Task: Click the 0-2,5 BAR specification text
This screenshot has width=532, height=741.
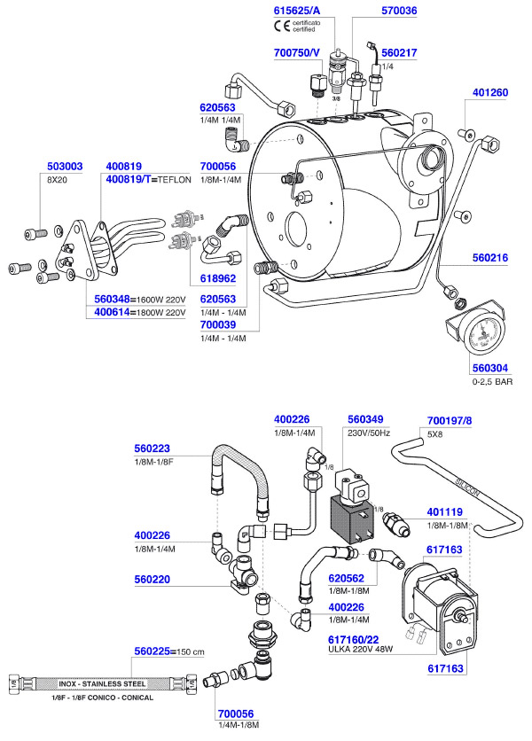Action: point(492,381)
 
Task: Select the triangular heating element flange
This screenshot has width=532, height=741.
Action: point(81,251)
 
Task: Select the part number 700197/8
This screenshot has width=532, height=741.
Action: point(450,418)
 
